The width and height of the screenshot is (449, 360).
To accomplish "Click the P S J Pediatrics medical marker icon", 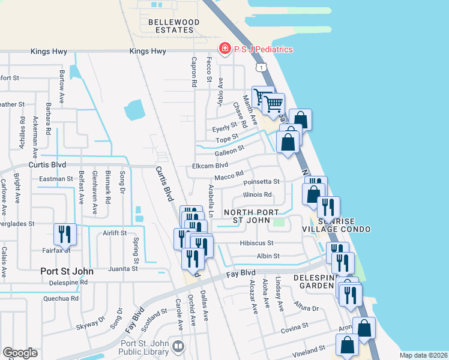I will click(225, 48).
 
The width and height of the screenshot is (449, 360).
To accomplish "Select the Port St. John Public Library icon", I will click(178, 346).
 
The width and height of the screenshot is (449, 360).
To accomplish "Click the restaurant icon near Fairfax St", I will click(64, 235).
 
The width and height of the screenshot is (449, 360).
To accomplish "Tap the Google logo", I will click(20, 353).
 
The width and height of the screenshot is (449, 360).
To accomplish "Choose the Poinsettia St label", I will click(261, 181).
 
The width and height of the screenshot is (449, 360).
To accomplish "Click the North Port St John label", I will click(251, 217).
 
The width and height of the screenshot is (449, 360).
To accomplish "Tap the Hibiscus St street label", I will click(256, 243).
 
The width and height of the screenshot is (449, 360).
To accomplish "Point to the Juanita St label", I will click(124, 268).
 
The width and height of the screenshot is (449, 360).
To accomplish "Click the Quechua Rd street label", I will click(61, 298).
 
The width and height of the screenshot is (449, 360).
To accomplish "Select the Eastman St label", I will click(55, 179).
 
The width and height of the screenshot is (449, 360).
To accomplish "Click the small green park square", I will click(278, 223).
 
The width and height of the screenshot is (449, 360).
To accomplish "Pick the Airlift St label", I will click(115, 233).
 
